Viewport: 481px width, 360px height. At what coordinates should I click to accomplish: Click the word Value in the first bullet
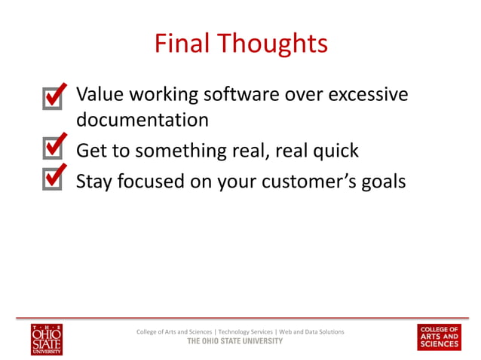[x=100, y=95]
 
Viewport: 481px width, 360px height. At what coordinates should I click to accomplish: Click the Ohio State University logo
[x=47, y=339]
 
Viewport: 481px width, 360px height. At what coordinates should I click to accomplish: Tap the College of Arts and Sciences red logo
[x=439, y=337]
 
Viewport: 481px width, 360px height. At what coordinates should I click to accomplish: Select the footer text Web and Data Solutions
[x=311, y=332]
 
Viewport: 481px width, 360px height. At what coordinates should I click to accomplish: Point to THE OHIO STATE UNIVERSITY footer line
[x=234, y=341]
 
